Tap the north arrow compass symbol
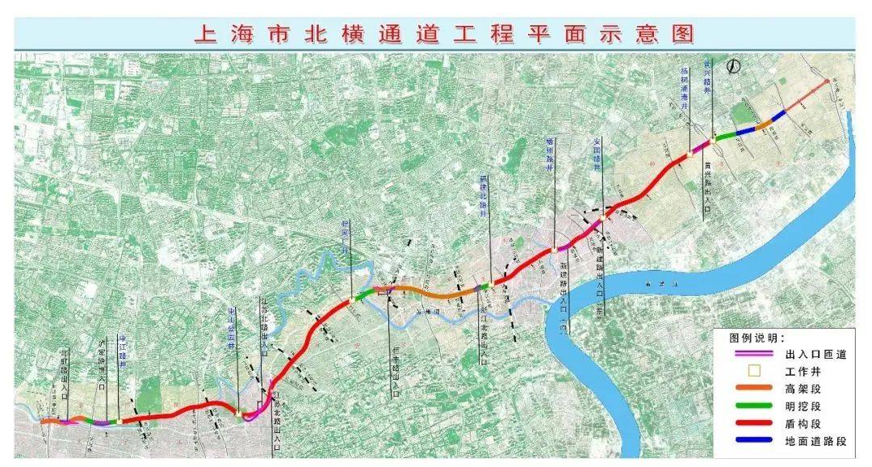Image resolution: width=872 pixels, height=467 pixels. (x=734, y=67)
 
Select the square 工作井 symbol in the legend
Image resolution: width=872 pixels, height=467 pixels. (x=756, y=372)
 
